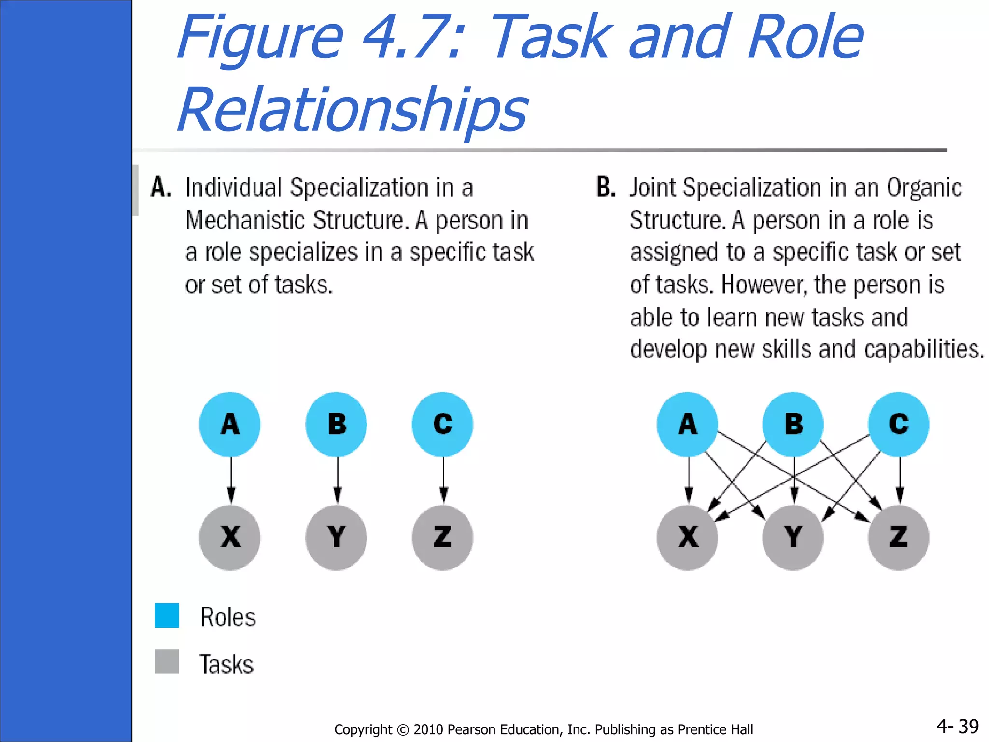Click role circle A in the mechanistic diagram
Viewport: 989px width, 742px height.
[230, 424]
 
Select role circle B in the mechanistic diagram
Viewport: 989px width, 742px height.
[336, 424]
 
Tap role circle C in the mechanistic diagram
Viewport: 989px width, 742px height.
[442, 424]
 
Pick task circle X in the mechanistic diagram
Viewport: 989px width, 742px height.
[230, 538]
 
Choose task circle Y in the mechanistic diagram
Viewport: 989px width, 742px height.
[336, 538]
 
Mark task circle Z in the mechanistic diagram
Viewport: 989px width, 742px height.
[442, 538]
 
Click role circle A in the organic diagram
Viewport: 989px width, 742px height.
[687, 424]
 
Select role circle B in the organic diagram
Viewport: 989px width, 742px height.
[793, 424]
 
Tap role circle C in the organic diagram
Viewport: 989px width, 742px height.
[899, 424]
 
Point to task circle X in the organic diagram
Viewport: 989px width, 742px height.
[687, 538]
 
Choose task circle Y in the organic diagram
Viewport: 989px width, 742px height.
[793, 538]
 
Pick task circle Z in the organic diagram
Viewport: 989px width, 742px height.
[899, 538]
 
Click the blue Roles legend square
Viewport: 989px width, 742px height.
[167, 615]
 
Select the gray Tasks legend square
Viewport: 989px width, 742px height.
[167, 661]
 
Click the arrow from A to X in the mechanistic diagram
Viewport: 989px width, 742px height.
[231, 480]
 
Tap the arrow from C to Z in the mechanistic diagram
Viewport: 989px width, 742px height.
[443, 480]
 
